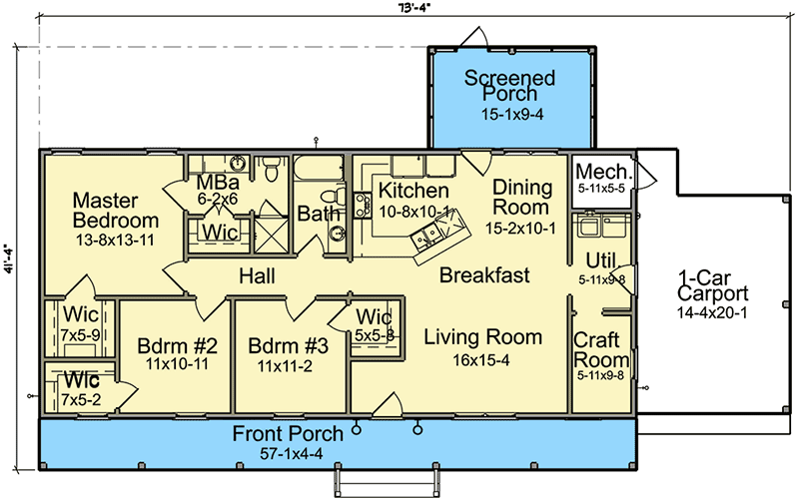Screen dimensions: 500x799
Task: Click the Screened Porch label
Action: point(511,86)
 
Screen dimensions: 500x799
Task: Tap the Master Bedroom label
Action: point(115,211)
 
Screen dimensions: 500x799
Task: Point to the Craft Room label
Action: point(601,350)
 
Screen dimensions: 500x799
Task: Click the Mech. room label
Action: point(600,170)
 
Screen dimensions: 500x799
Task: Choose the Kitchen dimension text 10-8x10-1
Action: point(412,211)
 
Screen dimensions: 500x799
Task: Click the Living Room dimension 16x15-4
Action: point(481,360)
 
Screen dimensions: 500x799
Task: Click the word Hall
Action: point(257,275)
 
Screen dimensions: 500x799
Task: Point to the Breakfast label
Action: point(484,275)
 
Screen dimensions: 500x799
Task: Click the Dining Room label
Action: point(520,198)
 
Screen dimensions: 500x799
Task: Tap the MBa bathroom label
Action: point(216,183)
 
